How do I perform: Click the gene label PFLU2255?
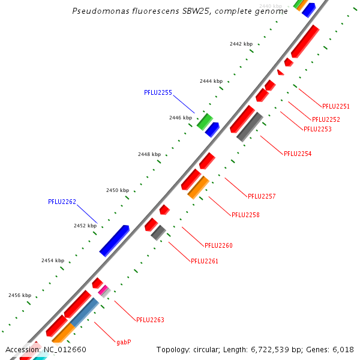tap(158, 92)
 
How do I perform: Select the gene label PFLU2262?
tap(62, 202)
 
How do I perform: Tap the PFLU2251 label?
tap(335, 106)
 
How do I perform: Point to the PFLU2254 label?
tap(298, 154)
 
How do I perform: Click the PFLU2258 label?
tap(245, 215)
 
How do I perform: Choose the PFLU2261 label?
tap(205, 261)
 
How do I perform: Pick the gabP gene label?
tap(124, 342)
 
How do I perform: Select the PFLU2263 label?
tap(150, 320)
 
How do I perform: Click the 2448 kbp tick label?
tap(149, 154)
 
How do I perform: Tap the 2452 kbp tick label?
tap(85, 226)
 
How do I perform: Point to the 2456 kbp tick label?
tap(20, 295)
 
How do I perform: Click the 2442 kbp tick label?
tap(241, 44)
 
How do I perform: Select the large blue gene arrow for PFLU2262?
tap(114, 241)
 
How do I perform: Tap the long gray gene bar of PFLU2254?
tap(250, 127)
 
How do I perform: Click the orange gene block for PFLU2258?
tap(198, 187)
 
